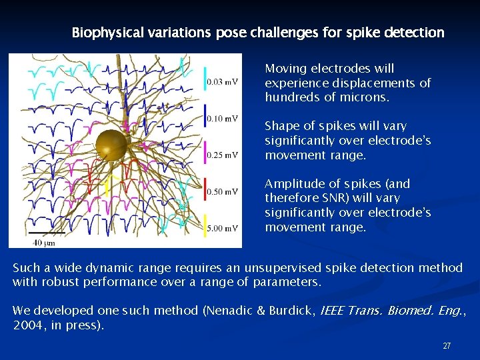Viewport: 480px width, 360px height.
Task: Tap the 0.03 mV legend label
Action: coord(222,82)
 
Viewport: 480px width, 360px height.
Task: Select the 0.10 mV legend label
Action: coord(222,119)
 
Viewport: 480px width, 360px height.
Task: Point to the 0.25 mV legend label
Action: coord(222,155)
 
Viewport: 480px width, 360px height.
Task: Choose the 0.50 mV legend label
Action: coord(222,192)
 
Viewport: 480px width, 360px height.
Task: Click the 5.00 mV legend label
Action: coord(222,228)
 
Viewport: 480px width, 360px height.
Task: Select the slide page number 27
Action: coord(447,346)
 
